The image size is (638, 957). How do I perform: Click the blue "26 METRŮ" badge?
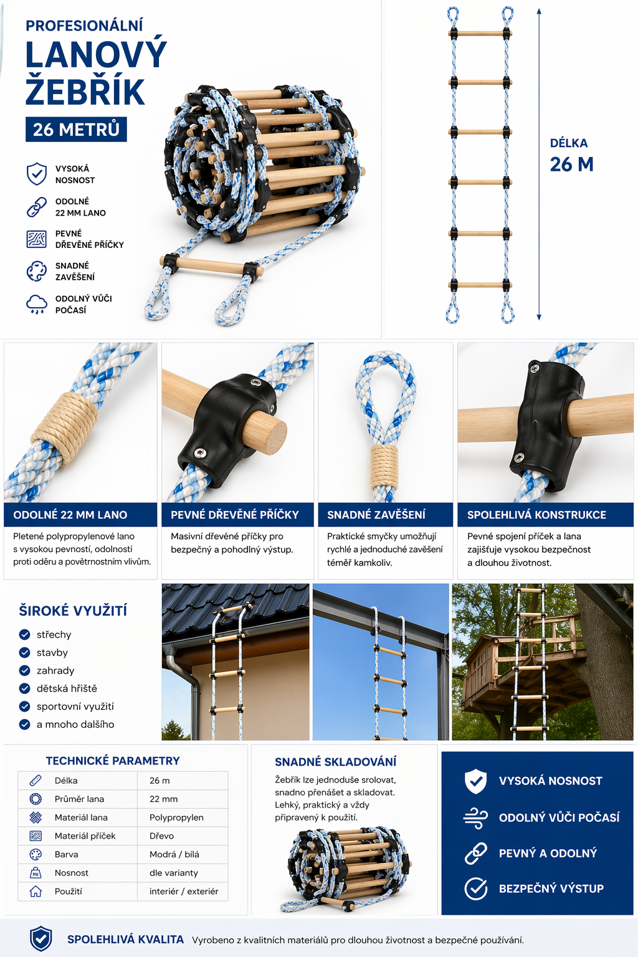[76, 129]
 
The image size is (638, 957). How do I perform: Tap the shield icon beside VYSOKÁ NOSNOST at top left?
[37, 174]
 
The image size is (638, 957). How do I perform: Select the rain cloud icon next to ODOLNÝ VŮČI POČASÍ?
[37, 304]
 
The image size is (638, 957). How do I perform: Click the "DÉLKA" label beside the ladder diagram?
[569, 143]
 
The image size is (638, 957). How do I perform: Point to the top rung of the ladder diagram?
[480, 33]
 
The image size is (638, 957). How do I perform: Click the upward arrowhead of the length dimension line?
[539, 12]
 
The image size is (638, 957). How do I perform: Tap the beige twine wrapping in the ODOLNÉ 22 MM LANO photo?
[65, 428]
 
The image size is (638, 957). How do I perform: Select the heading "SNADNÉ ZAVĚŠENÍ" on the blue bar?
[376, 515]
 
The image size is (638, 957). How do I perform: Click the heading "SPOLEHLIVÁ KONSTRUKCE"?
[536, 515]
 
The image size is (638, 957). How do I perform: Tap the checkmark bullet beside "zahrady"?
[25, 670]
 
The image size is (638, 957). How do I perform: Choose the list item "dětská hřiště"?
[67, 688]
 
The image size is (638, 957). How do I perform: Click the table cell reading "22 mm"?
[163, 799]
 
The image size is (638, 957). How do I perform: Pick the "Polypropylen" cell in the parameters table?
[176, 817]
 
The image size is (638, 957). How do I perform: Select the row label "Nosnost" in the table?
[72, 873]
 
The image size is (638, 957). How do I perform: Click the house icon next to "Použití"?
[36, 891]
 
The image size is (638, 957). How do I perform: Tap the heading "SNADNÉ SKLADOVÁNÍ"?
[335, 762]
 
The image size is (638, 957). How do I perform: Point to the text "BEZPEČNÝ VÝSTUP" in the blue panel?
[551, 888]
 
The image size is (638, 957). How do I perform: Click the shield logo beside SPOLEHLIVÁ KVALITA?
[41, 939]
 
